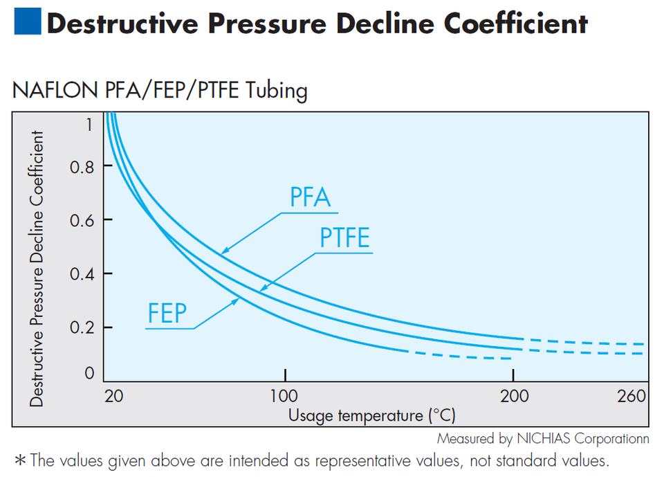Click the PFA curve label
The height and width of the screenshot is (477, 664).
310,199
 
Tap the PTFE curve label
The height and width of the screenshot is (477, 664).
344,238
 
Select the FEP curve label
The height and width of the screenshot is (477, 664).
167,313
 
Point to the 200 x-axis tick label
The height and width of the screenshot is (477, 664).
513,397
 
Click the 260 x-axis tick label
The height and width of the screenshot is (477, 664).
631,397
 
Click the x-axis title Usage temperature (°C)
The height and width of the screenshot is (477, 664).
372,415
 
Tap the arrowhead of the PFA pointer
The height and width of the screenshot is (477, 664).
223,251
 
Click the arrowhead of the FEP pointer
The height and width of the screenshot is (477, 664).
238,299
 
